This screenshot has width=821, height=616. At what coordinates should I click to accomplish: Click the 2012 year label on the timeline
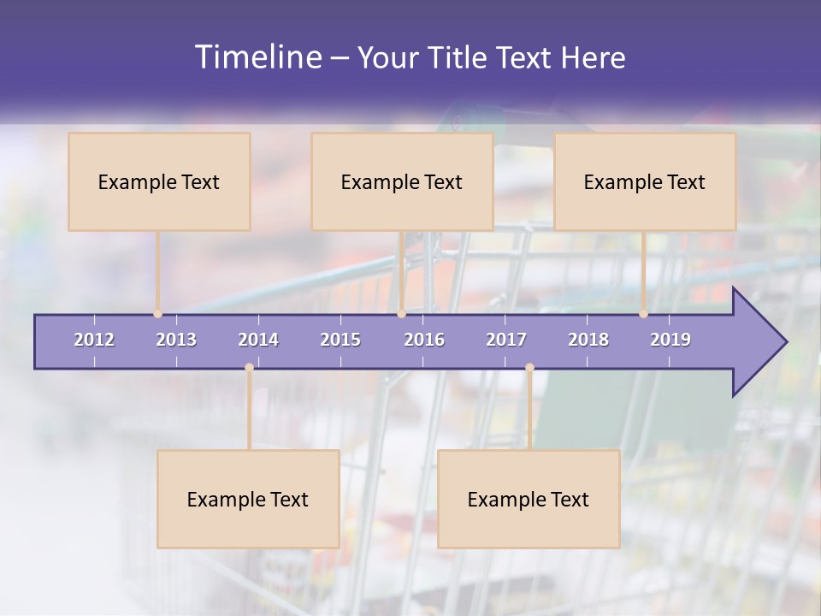(94, 340)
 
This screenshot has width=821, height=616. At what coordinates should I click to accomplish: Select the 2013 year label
(176, 340)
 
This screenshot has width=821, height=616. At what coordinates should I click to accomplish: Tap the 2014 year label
(258, 340)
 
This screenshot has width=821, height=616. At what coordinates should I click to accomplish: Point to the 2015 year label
(340, 340)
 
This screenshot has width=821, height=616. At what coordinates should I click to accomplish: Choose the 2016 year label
(424, 340)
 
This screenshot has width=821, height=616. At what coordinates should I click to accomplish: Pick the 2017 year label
(506, 340)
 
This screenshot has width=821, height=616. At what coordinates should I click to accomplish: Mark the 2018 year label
(588, 340)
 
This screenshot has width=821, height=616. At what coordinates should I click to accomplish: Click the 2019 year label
(670, 340)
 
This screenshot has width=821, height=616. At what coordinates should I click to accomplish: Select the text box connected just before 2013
(159, 181)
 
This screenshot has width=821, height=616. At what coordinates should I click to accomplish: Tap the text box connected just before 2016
(402, 181)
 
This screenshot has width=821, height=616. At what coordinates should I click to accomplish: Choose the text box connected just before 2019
(645, 181)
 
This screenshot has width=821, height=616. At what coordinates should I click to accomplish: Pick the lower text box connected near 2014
(248, 499)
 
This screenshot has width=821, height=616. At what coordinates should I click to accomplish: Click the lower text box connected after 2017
(529, 499)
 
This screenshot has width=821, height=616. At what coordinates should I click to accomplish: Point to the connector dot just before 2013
(158, 314)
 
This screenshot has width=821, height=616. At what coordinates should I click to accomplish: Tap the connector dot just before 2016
(401, 314)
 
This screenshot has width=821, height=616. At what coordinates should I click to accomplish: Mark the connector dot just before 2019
(644, 314)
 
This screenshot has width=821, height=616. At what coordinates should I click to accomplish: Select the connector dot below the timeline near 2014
(249, 368)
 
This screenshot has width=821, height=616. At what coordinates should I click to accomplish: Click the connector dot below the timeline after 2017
(529, 368)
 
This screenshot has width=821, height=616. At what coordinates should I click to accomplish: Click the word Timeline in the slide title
(257, 57)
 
